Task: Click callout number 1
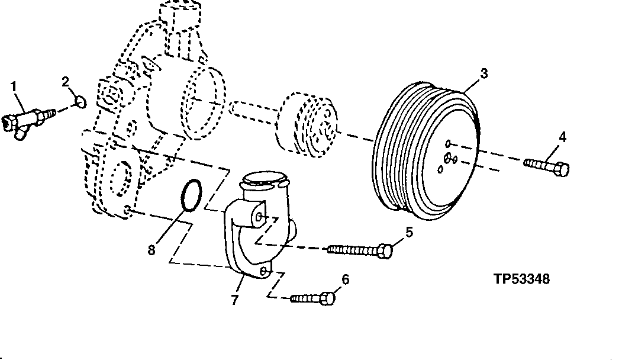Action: coord(14,87)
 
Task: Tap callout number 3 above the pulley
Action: coord(483,73)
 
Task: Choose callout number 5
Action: coord(409,232)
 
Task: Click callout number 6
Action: coord(346,278)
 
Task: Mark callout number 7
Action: coord(234,300)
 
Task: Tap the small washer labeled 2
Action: coord(82,104)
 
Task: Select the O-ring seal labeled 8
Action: coord(191,196)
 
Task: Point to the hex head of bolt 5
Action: coord(385,251)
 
